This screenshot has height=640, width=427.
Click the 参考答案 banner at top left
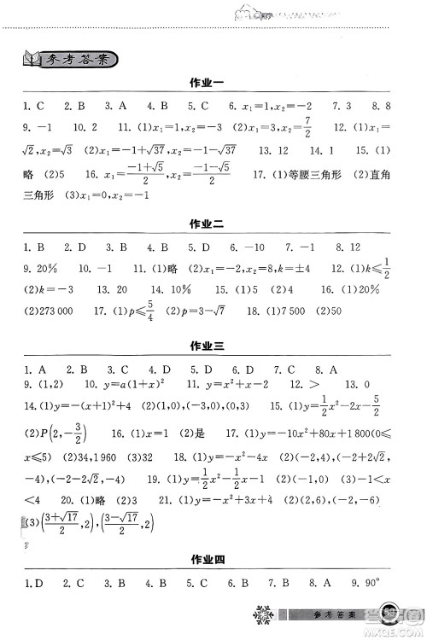[70, 59]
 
